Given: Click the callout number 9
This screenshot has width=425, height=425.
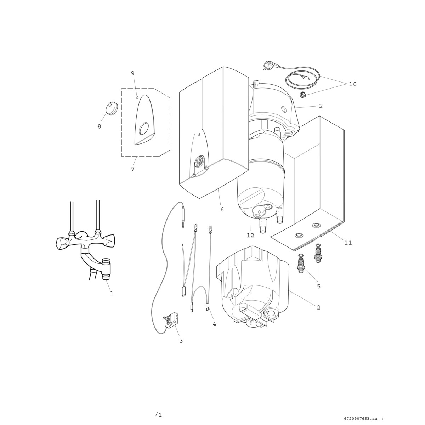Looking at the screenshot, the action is [132, 73].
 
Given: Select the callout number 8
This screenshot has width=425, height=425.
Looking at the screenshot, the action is [99, 126].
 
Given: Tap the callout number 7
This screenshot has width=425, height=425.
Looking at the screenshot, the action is [132, 169].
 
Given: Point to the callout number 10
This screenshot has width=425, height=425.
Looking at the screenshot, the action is [353, 84].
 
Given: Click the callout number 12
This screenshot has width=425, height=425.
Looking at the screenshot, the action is [250, 235].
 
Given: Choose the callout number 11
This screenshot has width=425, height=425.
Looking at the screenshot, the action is [348, 243].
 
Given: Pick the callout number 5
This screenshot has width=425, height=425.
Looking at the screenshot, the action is [319, 286].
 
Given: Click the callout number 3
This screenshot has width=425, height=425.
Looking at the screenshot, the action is [181, 341].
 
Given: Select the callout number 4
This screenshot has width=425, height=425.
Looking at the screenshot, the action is [214, 324].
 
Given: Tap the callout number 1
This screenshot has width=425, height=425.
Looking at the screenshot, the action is [112, 293].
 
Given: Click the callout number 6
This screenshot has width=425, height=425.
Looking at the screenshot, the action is [222, 209].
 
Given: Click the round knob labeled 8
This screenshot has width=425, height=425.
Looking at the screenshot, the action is [112, 108].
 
